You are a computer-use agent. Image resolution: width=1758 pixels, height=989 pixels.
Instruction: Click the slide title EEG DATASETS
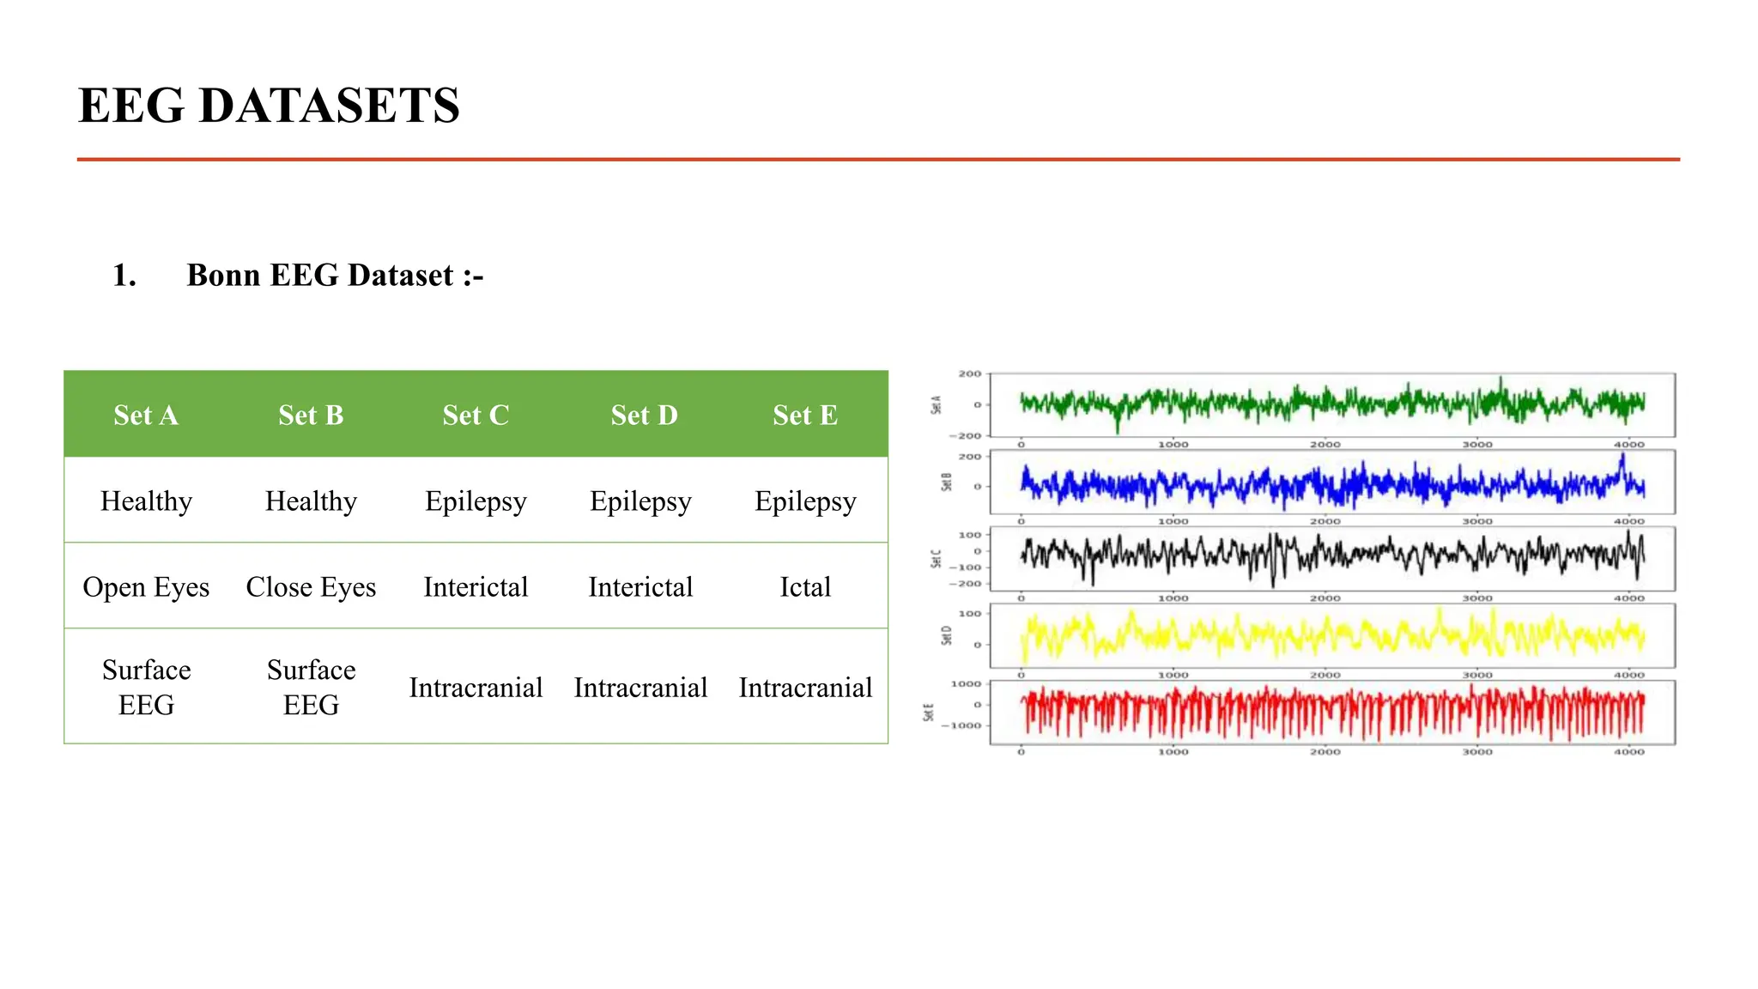(x=269, y=106)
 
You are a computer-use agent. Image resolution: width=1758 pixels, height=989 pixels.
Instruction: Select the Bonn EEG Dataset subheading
(x=335, y=276)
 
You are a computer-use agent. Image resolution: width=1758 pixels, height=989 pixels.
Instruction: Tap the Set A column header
(x=146, y=416)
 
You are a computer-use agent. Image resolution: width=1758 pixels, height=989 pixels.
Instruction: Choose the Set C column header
(x=476, y=416)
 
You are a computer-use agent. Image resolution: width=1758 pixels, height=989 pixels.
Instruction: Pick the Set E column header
(x=804, y=416)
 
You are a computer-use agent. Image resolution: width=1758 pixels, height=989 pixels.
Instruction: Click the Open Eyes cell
(x=146, y=587)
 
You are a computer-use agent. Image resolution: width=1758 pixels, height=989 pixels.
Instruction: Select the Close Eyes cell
(x=311, y=587)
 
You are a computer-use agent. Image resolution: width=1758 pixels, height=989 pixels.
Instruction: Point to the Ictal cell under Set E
(x=804, y=587)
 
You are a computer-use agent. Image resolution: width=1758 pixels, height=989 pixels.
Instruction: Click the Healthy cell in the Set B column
(x=311, y=501)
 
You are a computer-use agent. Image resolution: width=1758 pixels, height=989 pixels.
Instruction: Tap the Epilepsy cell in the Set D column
(x=640, y=501)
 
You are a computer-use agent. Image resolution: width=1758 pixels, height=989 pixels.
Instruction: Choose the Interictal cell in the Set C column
(x=476, y=587)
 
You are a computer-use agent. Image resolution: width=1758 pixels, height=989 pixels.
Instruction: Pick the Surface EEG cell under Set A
(x=146, y=687)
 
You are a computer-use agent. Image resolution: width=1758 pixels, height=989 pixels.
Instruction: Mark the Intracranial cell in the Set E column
(x=804, y=688)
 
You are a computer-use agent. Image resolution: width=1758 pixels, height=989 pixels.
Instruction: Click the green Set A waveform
(x=1331, y=402)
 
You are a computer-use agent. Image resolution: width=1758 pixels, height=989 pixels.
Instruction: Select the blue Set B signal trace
(x=1331, y=486)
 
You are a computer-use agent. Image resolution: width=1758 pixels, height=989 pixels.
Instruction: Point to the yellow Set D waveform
(x=1331, y=636)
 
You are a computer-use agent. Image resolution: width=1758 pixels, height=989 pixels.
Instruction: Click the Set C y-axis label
(x=937, y=560)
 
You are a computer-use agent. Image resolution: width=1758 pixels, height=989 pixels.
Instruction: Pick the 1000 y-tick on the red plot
(x=966, y=684)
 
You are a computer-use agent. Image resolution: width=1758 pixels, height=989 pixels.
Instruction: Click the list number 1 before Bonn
(x=124, y=276)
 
